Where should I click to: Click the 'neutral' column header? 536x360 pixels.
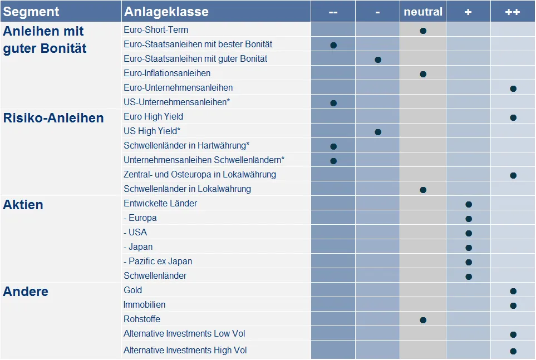pos(423,12)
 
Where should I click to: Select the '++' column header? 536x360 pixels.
pos(513,12)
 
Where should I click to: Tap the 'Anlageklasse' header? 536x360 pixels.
pos(166,12)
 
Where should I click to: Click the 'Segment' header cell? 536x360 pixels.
pos(31,12)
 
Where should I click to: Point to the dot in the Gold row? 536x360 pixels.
pos(513,291)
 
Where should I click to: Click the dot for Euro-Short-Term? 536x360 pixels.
pos(423,31)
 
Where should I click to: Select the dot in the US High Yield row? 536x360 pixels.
pos(378,132)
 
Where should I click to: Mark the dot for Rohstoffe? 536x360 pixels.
pos(423,320)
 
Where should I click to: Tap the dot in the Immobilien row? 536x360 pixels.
pos(513,305)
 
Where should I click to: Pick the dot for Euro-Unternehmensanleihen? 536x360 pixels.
pos(513,88)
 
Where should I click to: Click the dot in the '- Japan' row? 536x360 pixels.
pos(469,248)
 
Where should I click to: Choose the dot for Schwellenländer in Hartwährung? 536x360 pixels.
pos(333,146)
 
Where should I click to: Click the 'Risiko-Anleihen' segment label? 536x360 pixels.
pos(53,118)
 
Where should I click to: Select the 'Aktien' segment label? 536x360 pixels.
pos(23,205)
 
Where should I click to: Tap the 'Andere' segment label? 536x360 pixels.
pos(26,292)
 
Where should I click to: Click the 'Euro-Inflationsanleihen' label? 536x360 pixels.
pos(167,73)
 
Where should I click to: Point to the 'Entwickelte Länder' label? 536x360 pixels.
pos(160,204)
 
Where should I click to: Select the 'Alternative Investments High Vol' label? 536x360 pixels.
pos(185,351)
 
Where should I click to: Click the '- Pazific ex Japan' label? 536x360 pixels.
pos(158,262)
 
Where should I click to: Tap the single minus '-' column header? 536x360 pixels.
pos(378,12)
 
